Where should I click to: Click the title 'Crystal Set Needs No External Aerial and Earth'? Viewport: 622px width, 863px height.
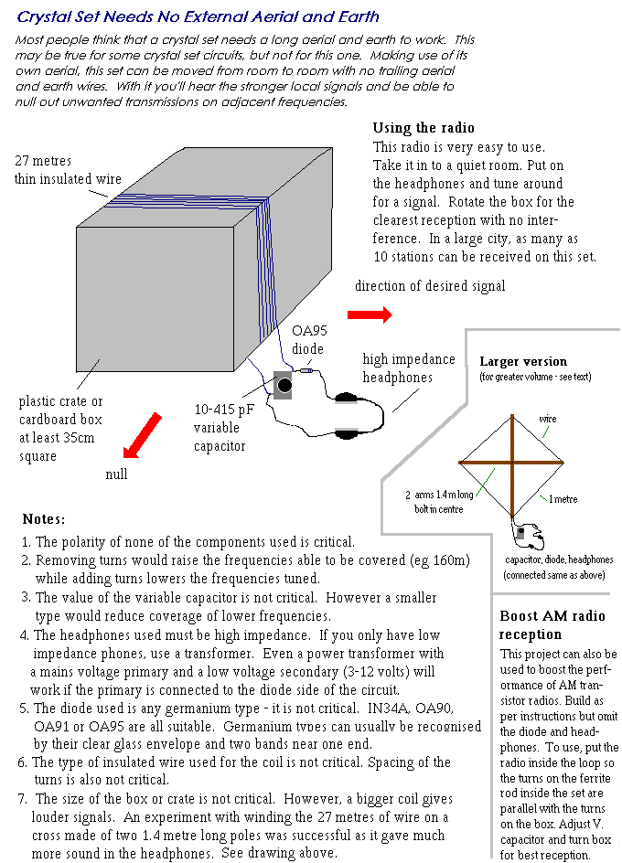(x=198, y=16)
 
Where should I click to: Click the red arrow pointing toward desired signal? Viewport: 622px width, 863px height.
(x=373, y=314)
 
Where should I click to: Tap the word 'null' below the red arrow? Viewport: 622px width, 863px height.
(x=116, y=474)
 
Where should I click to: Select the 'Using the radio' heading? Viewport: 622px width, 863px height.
(x=424, y=128)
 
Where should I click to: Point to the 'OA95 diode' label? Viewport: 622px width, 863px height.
(x=308, y=340)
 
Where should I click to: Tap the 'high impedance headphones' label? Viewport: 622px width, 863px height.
(x=400, y=368)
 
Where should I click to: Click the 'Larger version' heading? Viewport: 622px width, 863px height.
(x=523, y=361)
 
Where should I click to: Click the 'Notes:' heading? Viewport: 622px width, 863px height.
(x=44, y=518)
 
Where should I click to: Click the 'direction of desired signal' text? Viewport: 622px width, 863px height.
(x=430, y=286)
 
